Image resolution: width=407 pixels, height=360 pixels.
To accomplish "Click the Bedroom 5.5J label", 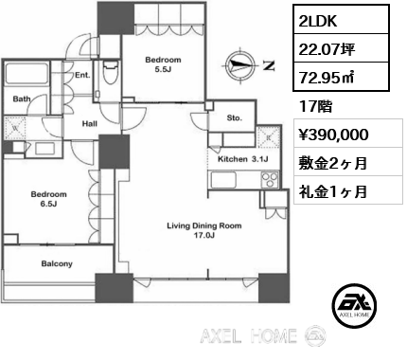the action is tap(163, 64).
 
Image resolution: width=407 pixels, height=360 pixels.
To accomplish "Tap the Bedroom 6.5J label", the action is tap(48, 199).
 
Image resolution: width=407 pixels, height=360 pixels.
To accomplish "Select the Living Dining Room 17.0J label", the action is tap(204, 230).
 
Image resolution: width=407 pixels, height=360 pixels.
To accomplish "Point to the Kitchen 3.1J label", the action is tap(243, 159).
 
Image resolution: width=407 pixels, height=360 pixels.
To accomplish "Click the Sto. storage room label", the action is tap(235, 118).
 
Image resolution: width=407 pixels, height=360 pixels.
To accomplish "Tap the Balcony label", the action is tap(57, 263).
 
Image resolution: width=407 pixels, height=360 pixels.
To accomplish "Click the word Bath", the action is tap(22, 99).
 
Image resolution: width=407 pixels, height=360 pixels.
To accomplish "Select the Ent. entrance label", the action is tap(82, 76).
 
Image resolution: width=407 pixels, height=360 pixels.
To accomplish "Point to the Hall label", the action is tap(90, 124).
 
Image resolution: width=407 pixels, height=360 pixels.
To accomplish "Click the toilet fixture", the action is tap(110, 72).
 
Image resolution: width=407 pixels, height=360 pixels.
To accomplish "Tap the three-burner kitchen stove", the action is tap(270, 180).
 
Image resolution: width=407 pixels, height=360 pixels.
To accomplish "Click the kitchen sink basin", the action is tap(223, 179).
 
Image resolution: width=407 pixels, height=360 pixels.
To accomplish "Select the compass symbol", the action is tap(239, 65).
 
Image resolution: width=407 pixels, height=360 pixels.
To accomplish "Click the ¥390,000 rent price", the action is tap(334, 135).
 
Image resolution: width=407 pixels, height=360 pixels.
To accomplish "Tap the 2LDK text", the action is tap(318, 21).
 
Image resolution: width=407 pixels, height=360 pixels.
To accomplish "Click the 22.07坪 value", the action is tap(327, 49).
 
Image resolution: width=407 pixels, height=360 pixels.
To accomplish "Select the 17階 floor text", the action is tap(315, 107).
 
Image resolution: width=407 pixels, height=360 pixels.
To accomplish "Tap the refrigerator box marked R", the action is tap(268, 136).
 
